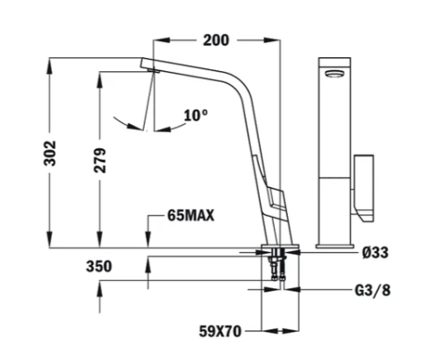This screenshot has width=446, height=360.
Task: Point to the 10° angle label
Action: pos(196,114)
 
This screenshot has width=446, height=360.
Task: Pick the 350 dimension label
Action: pos(98,266)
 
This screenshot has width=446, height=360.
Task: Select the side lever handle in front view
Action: pos(365,187)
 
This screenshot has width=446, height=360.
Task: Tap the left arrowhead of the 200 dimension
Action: pos(159,40)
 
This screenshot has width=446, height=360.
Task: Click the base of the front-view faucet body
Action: pos(334,241)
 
